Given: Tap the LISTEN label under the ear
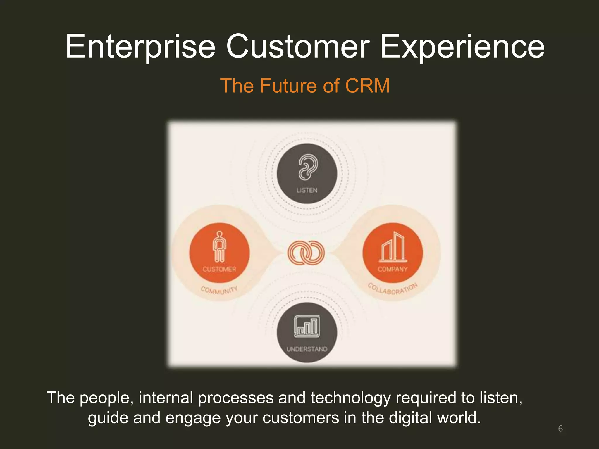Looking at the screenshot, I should click(307, 190).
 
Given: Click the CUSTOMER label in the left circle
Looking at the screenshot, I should click(219, 269).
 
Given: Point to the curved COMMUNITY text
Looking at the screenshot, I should click(219, 290).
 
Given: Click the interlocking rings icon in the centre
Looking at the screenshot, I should click(306, 253).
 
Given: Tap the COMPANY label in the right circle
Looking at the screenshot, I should click(393, 269).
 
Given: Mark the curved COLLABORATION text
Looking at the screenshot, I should click(393, 289).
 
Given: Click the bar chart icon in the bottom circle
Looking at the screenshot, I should click(307, 326).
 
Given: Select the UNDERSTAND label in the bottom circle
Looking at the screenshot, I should click(307, 349).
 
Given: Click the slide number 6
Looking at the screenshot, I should click(560, 429).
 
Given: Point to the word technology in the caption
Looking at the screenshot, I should click(350, 398).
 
